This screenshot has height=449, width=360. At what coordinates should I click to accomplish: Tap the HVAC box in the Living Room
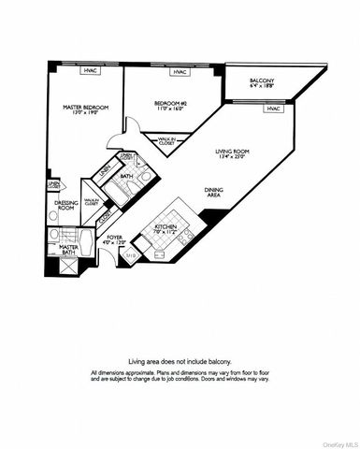[272, 109]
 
